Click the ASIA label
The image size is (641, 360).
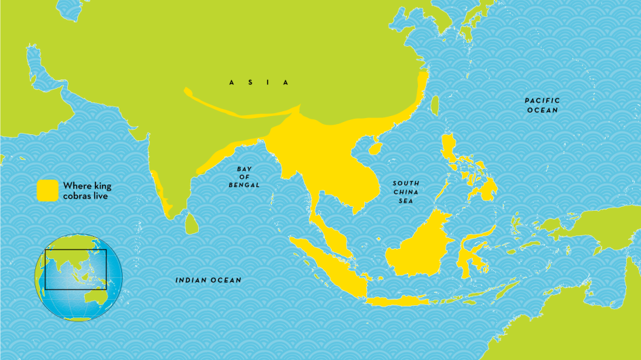click(258, 83)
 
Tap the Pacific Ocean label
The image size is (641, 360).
click(542, 105)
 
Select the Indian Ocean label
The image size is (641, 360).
click(208, 280)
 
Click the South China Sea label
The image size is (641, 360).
click(406, 193)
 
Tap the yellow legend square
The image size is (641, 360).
click(47, 190)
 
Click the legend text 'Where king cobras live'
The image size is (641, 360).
click(87, 191)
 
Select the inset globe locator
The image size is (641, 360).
click(79, 276)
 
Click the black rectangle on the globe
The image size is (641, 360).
click(75, 269)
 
